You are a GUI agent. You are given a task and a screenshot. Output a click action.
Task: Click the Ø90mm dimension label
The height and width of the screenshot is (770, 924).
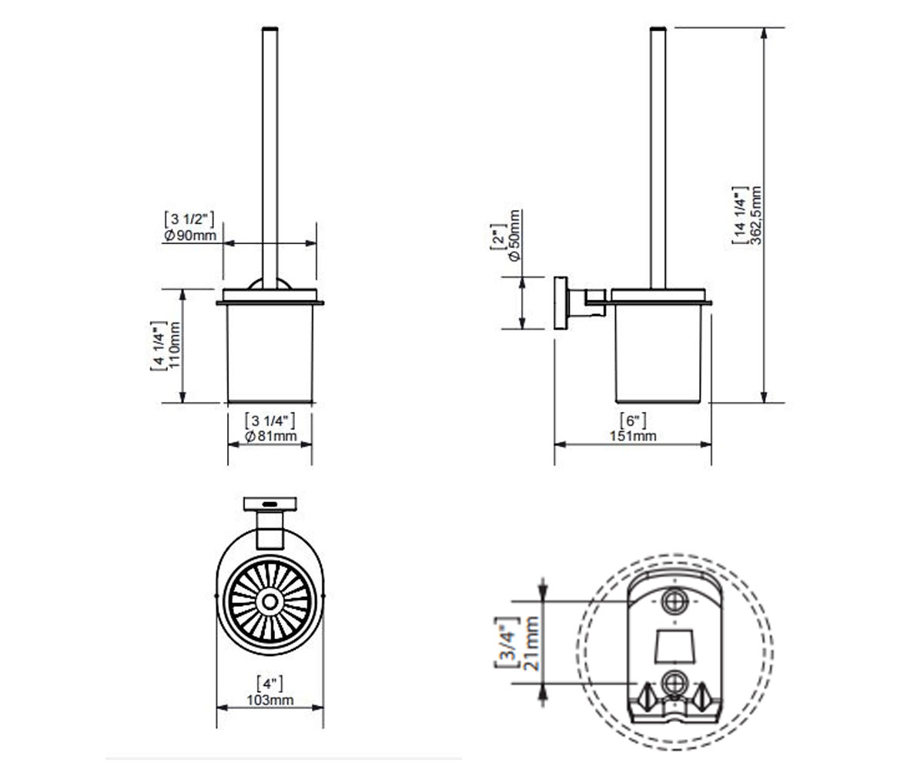point(190,236)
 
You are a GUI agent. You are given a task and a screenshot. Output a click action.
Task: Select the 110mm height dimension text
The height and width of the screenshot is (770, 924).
point(174,345)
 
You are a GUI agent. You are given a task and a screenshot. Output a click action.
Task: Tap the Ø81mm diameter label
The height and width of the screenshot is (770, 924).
point(270,436)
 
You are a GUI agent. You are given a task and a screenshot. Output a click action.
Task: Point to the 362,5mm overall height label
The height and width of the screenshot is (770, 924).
point(756,216)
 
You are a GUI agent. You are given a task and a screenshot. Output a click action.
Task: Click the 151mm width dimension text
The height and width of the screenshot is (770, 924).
point(633,436)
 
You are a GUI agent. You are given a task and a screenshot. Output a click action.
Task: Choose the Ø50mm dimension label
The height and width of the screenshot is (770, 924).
point(514,236)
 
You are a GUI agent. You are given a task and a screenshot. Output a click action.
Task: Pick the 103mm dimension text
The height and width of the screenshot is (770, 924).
point(270,700)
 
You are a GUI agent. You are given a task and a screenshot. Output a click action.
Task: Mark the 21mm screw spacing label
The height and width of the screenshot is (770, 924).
point(531,644)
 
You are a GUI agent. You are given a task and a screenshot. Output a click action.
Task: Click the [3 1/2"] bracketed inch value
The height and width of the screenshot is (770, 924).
point(189,219)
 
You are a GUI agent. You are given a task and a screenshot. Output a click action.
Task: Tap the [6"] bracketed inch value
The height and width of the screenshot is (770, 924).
point(633,420)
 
